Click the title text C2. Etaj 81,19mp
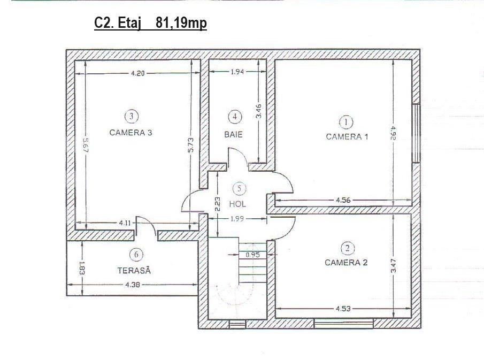[x=150, y=23]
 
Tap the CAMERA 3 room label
[x=131, y=133]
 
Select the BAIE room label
[x=233, y=134]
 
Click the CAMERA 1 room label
[x=347, y=136]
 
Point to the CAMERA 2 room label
[x=346, y=263]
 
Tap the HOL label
[x=237, y=204]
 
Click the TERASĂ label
[x=134, y=271]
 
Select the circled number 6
[x=136, y=255]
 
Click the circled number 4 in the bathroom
[x=235, y=117]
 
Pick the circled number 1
[x=347, y=121]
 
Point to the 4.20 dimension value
[x=137, y=73]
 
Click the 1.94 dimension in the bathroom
[x=237, y=72]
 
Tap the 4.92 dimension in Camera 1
[x=393, y=133]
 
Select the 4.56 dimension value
[x=343, y=200]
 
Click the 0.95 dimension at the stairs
[x=252, y=255]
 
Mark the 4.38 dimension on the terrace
[x=133, y=285]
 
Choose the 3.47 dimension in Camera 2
[x=394, y=266]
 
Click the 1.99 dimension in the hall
[x=237, y=219]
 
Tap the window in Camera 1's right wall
[x=416, y=133]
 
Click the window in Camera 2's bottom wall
[x=343, y=324]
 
